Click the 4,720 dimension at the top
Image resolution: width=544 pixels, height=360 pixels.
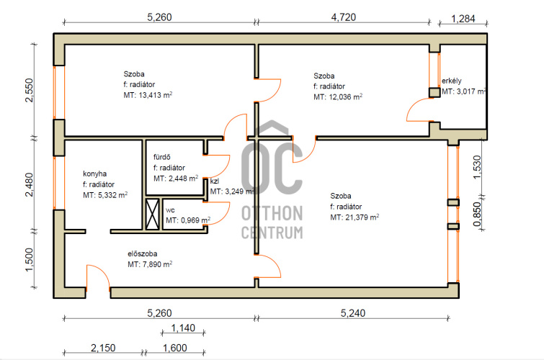pyautogui.click(x=344, y=17)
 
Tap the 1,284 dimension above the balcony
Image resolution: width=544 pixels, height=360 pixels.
pyautogui.click(x=463, y=19)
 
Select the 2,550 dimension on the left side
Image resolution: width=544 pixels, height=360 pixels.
pyautogui.click(x=30, y=90)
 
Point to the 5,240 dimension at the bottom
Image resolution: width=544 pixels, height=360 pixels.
pyautogui.click(x=353, y=313)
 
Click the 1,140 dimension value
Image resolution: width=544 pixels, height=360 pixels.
pyautogui.click(x=183, y=328)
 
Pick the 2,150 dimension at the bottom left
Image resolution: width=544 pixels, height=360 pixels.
pyautogui.click(x=103, y=348)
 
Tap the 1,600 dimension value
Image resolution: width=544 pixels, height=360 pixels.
pyautogui.click(x=175, y=348)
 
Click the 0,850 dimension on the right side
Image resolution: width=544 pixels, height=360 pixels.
pyautogui.click(x=478, y=214)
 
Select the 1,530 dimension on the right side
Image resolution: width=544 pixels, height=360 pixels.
pyautogui.click(x=478, y=167)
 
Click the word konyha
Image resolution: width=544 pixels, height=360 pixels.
pyautogui.click(x=94, y=174)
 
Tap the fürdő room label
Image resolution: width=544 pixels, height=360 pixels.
pyautogui.click(x=162, y=157)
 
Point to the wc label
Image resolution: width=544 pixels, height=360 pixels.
pyautogui.click(x=170, y=210)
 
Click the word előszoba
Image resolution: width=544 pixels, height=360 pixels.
pyautogui.click(x=142, y=254)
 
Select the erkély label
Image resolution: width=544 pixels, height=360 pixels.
pyautogui.click(x=451, y=81)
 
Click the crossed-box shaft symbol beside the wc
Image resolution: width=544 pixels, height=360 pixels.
pyautogui.click(x=152, y=214)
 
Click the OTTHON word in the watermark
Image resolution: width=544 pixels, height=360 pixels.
pyautogui.click(x=272, y=213)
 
